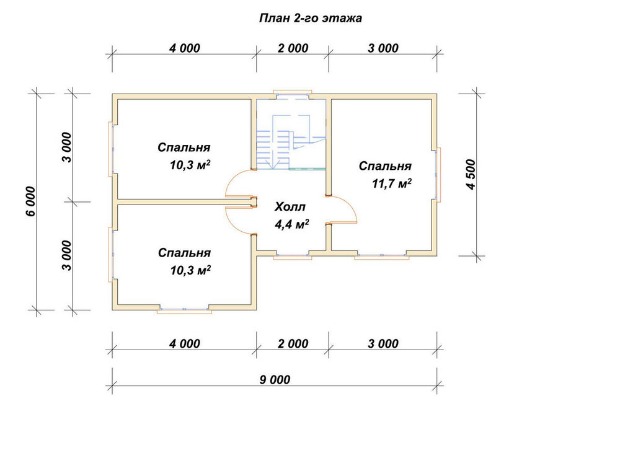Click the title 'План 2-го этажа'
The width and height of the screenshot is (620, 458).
311,18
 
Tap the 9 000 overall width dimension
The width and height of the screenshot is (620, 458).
275,380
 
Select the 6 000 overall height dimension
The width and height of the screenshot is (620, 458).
31,201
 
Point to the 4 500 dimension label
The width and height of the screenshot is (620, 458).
471,174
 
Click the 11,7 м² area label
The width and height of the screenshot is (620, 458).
391,183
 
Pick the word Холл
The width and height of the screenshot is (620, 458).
290,206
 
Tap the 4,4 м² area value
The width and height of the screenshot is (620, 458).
292,224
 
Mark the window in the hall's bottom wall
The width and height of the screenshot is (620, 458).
292,256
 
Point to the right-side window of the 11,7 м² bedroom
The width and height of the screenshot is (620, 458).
438,174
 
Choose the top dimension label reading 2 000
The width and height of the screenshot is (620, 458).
293,48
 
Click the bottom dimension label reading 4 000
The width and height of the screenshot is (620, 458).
185,344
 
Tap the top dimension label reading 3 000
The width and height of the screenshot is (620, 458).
383,48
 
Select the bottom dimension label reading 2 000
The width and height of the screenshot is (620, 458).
293,344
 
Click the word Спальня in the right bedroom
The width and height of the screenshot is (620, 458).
385,166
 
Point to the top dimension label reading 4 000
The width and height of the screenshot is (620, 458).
185,48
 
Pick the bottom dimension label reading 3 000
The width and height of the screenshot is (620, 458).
383,344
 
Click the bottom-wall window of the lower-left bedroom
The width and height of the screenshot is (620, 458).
184,310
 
